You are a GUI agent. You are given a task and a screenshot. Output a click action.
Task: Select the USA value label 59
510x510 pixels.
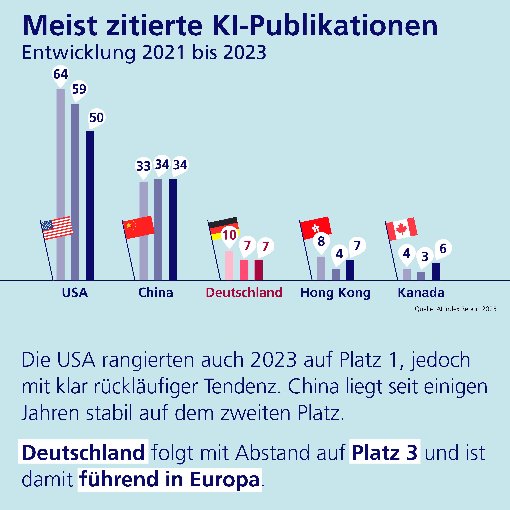pyautogui.click(x=79, y=89)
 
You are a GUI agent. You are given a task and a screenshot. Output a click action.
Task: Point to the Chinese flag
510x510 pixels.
pyautogui.click(x=138, y=227)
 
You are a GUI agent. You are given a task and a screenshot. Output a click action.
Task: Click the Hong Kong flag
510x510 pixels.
pyautogui.click(x=316, y=228)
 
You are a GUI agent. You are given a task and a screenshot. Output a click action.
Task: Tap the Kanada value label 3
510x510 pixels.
pyautogui.click(x=425, y=256)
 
